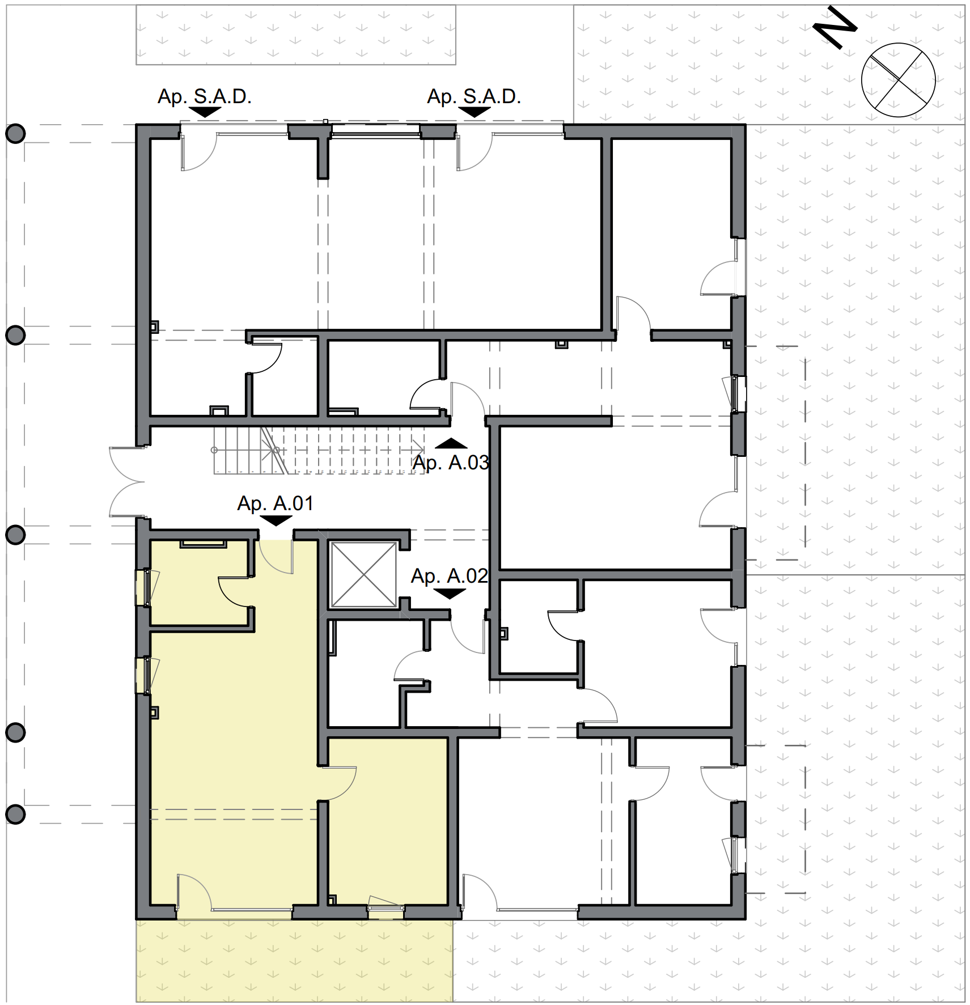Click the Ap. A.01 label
coord(275,503)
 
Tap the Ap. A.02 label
coord(449,576)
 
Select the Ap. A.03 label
coord(451,463)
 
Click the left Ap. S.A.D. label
coord(204,96)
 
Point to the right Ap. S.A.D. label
coord(474,96)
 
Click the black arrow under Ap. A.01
coord(276,521)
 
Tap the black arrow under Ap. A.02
coord(450,593)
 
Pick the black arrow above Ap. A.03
coord(451,443)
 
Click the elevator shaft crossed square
coord(364,575)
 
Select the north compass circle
coord(898,80)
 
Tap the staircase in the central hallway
coord(319,451)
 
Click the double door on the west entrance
coord(127,482)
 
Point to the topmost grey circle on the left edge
coord(15,134)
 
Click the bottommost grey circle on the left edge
coord(15,815)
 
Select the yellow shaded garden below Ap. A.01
coord(295,961)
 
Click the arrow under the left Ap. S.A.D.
coord(205,112)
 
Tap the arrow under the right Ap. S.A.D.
coord(474,112)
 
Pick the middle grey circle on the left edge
coord(15,535)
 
